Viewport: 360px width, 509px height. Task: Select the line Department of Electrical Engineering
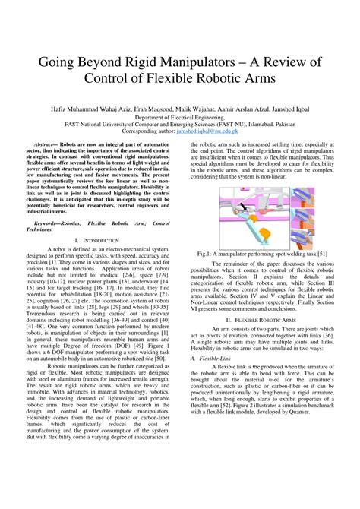point(180,118)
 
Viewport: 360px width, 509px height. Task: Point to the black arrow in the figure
point(242,205)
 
